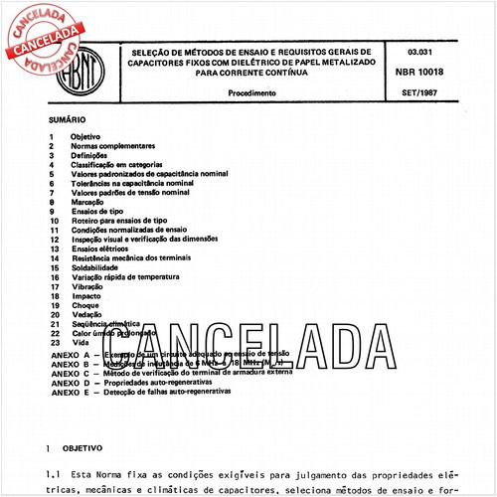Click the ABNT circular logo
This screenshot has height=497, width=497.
(x=80, y=75)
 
